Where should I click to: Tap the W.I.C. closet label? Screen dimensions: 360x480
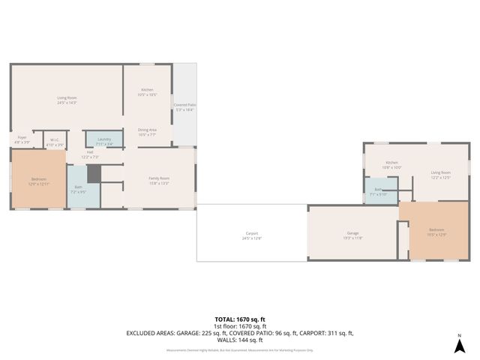click(x=55, y=141)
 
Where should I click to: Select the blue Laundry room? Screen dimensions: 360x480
click(x=104, y=139)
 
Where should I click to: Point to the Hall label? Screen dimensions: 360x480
click(x=89, y=154)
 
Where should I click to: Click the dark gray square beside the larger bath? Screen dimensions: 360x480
click(x=93, y=173)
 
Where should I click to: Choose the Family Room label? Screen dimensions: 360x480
click(x=147, y=179)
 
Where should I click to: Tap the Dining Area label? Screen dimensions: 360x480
click(x=147, y=131)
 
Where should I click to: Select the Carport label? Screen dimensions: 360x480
click(x=252, y=235)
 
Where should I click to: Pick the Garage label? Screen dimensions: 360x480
click(x=352, y=235)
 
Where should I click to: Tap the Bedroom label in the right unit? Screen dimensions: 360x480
click(x=436, y=231)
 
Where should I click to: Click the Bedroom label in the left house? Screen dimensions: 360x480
click(x=39, y=180)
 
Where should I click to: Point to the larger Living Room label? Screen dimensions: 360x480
click(x=67, y=99)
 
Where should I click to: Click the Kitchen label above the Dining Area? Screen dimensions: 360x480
click(x=147, y=91)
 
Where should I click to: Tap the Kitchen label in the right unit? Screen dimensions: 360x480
click(x=391, y=164)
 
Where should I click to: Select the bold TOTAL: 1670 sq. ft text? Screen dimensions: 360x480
click(x=239, y=319)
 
